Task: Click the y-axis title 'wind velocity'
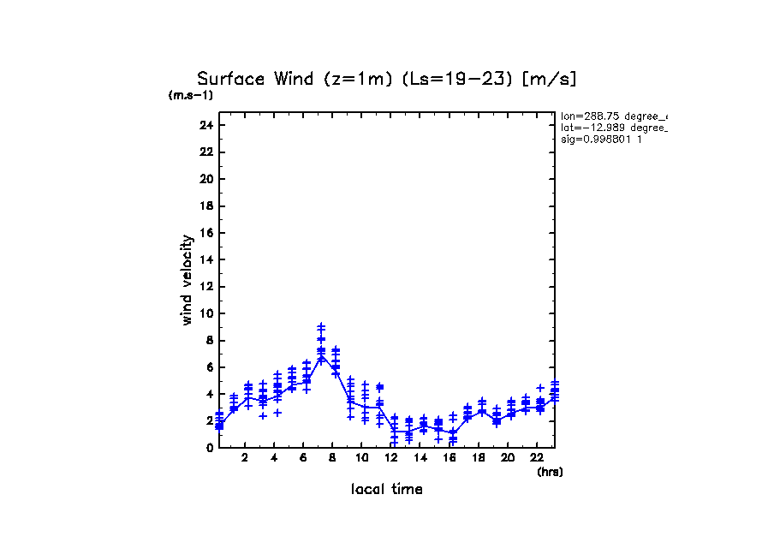click(187, 280)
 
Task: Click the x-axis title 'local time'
click(386, 490)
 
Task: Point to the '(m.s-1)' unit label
click(191, 96)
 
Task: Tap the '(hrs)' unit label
click(550, 472)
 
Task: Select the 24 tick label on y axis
click(205, 125)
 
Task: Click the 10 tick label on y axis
click(205, 313)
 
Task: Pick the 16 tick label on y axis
click(205, 233)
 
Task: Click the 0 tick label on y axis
click(209, 448)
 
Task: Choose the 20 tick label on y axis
click(205, 179)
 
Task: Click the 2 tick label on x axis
click(245, 458)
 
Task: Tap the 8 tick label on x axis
click(332, 458)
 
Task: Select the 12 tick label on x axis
click(390, 458)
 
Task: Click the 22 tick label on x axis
click(536, 458)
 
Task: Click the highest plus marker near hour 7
click(321, 326)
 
